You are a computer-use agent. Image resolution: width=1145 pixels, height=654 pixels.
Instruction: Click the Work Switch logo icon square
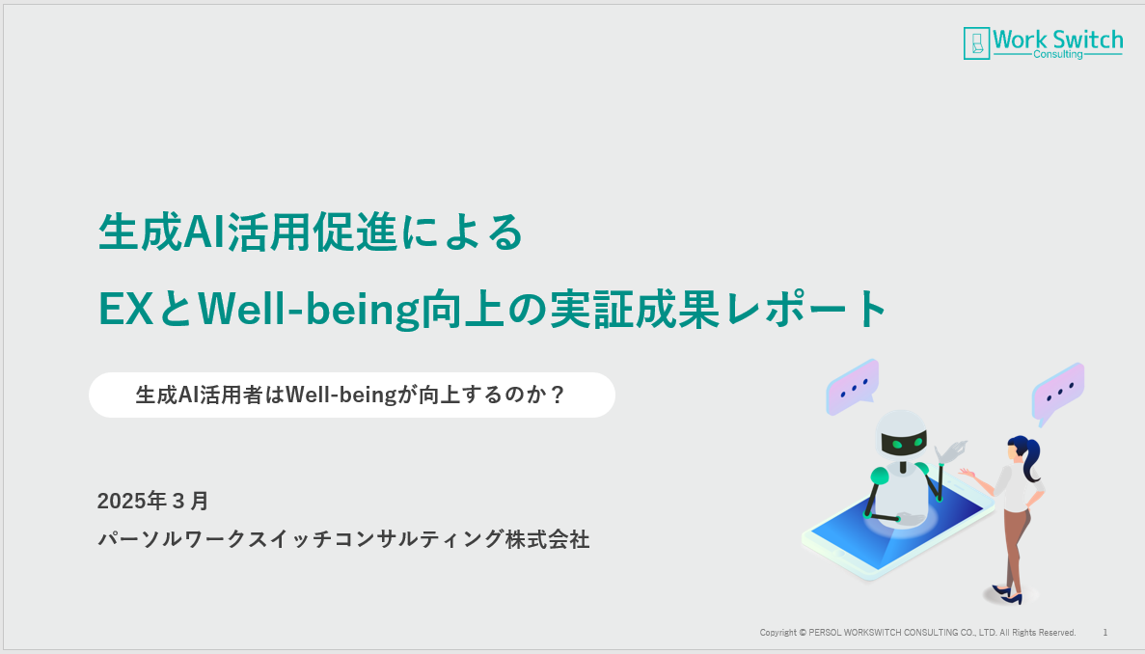(976, 43)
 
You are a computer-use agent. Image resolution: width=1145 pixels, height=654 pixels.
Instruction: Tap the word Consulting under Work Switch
(1057, 54)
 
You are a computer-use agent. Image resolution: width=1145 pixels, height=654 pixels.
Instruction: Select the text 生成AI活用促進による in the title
(311, 232)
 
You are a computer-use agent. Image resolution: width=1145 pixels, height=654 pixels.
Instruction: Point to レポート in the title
(806, 309)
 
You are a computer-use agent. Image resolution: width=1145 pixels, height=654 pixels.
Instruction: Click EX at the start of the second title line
(124, 309)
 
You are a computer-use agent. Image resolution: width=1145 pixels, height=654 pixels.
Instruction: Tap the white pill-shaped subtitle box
(352, 395)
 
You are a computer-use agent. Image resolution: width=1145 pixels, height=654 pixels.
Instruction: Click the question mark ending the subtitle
(557, 395)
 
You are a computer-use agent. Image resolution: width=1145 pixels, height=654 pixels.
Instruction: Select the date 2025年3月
(152, 501)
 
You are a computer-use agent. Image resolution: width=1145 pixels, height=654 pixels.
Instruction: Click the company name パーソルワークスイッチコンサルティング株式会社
(343, 539)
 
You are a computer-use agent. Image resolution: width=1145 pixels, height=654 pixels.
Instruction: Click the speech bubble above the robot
(852, 387)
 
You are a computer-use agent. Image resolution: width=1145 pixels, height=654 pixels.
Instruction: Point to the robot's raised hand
(952, 451)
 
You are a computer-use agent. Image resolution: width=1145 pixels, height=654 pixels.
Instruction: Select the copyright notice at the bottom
(917, 632)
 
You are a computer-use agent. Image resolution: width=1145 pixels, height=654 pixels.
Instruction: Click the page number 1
(1104, 632)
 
